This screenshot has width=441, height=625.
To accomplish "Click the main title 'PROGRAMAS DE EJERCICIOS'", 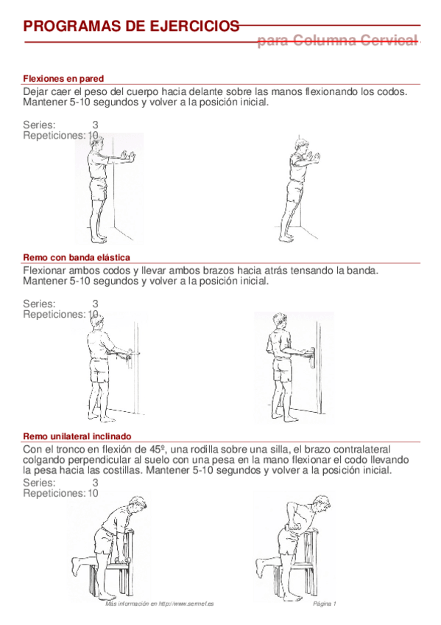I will point(131,27).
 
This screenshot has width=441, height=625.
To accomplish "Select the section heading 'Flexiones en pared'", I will point(63,78).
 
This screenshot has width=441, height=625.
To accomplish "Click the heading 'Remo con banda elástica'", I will point(77,257).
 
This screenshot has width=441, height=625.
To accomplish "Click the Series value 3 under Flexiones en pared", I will point(96,125).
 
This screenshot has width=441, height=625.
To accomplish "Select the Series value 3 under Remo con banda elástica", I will point(96,303).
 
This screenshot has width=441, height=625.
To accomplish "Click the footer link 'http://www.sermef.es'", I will point(181,604).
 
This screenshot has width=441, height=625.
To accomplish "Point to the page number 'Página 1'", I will point(324,604).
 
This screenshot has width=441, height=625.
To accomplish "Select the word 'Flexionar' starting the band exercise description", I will point(46,270).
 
